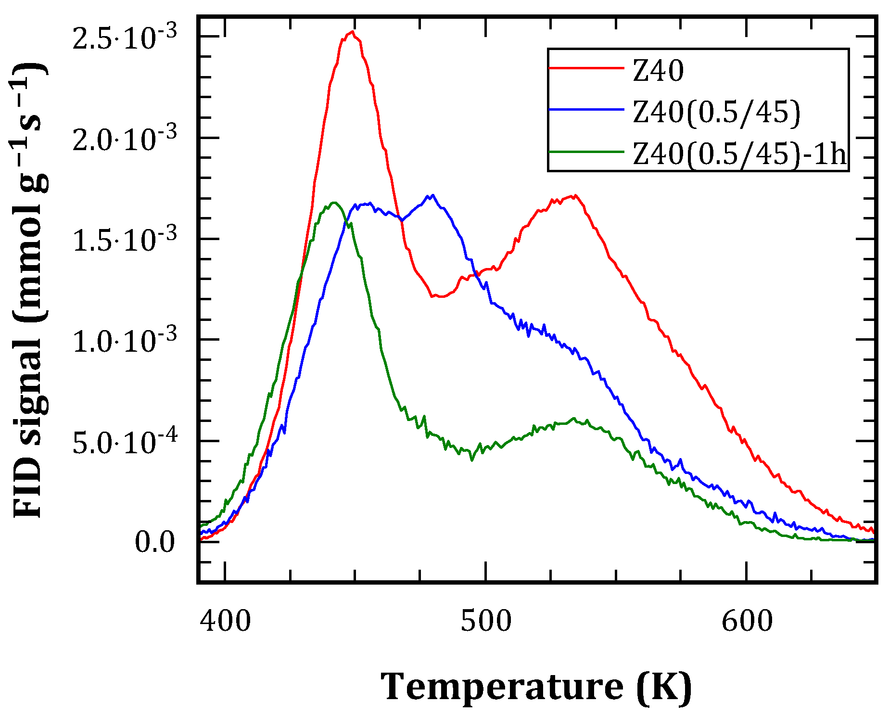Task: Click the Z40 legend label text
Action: tap(658, 71)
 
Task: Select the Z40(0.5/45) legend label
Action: tap(716, 113)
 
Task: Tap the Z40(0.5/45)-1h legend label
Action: tap(739, 155)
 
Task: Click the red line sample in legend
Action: tap(586, 68)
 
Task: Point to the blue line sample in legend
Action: tap(586, 110)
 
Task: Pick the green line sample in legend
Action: tap(586, 152)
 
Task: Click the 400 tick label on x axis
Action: tap(225, 621)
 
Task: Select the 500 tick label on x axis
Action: tap(486, 621)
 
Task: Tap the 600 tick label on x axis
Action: tap(747, 621)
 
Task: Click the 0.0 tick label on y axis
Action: tap(154, 542)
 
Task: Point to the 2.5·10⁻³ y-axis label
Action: tap(125, 38)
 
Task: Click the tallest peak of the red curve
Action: tap(353, 32)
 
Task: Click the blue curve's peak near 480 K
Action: tap(432, 195)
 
